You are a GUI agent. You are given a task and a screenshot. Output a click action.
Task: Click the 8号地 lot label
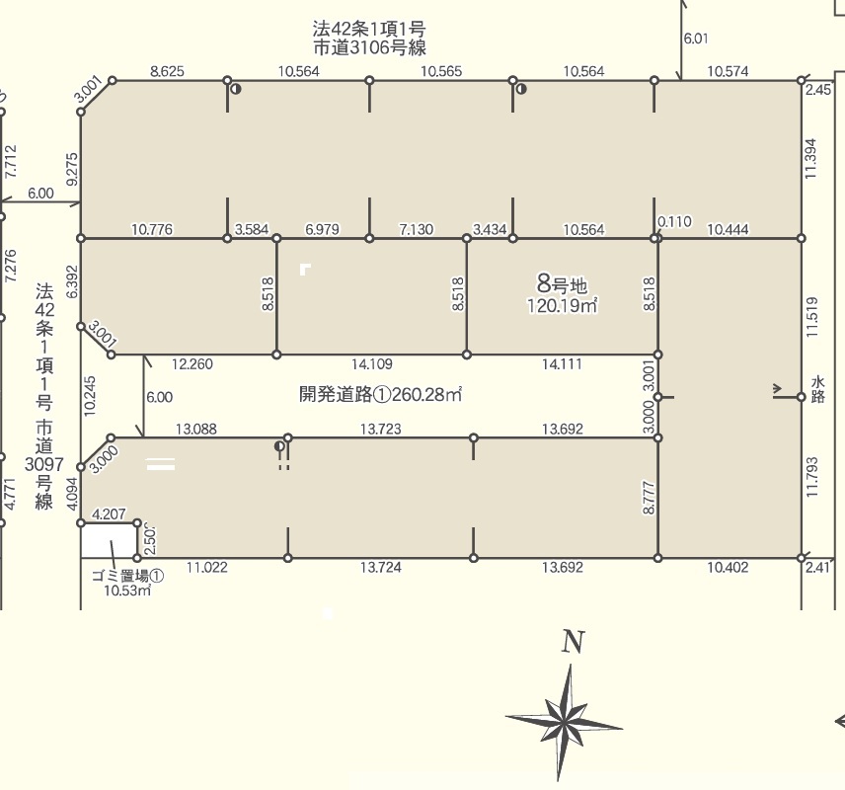(562, 283)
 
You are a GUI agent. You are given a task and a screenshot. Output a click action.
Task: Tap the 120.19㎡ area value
(562, 306)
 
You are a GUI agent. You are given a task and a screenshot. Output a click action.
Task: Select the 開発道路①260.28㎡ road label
(380, 395)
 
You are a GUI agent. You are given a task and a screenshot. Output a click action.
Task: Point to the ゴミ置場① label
(127, 576)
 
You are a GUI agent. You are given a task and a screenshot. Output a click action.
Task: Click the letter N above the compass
(573, 642)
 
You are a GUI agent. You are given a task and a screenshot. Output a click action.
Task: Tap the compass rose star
(565, 722)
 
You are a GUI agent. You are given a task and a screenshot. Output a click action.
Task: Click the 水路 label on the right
(817, 390)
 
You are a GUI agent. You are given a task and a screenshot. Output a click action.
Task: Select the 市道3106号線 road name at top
(369, 48)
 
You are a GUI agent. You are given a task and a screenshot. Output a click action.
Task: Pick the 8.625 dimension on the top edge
(167, 71)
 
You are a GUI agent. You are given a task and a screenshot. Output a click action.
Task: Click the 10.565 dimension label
(441, 71)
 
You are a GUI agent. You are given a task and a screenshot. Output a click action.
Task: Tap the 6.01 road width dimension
(696, 39)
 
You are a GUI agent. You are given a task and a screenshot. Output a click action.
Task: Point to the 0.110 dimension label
(674, 221)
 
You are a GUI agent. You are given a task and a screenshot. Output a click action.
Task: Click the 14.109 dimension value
(372, 364)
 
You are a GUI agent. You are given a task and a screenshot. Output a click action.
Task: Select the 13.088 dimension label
(196, 430)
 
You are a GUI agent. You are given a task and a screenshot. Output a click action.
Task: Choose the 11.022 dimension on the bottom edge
(207, 567)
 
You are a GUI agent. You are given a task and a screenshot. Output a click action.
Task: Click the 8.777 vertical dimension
(649, 497)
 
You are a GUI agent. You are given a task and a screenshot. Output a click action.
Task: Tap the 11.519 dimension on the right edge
(812, 317)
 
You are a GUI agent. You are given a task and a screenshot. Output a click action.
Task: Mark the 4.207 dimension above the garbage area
(109, 513)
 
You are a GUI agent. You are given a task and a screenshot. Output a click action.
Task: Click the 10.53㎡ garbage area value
(127, 590)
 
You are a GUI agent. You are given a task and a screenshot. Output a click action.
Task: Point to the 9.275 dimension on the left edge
(72, 169)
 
